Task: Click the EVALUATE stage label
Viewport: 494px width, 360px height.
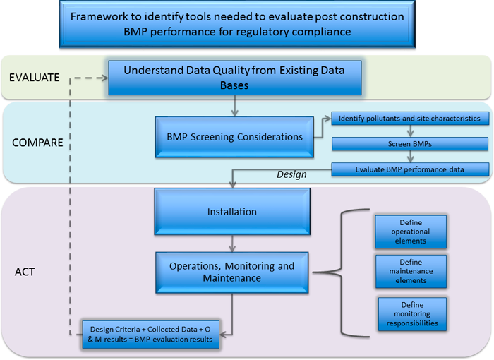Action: (x=35, y=78)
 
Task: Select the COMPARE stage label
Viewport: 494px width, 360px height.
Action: (x=37, y=143)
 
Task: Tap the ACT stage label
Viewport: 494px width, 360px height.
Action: (x=25, y=272)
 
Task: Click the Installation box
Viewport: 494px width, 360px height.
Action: (x=232, y=212)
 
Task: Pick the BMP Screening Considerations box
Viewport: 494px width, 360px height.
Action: (x=234, y=137)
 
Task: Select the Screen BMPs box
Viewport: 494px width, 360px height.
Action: (x=410, y=144)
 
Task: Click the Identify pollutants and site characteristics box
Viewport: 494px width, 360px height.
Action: (x=410, y=118)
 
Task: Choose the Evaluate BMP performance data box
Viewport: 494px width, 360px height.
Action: (x=410, y=169)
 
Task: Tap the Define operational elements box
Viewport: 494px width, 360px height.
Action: (x=411, y=232)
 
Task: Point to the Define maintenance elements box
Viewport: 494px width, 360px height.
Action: (x=411, y=272)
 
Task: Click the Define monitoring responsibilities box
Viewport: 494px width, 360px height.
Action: (x=412, y=314)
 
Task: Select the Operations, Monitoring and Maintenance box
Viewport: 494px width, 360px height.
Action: (x=232, y=272)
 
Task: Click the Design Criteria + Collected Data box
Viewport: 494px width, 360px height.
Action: (x=150, y=335)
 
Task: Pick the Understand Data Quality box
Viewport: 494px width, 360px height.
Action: (x=235, y=78)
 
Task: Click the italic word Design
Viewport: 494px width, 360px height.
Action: (x=291, y=174)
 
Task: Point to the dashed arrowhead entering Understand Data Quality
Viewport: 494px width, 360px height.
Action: (x=105, y=78)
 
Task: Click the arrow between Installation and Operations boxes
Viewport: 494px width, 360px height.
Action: (x=232, y=244)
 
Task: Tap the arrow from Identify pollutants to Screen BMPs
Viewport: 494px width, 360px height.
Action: (x=410, y=131)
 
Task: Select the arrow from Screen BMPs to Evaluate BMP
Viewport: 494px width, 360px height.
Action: (x=410, y=157)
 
